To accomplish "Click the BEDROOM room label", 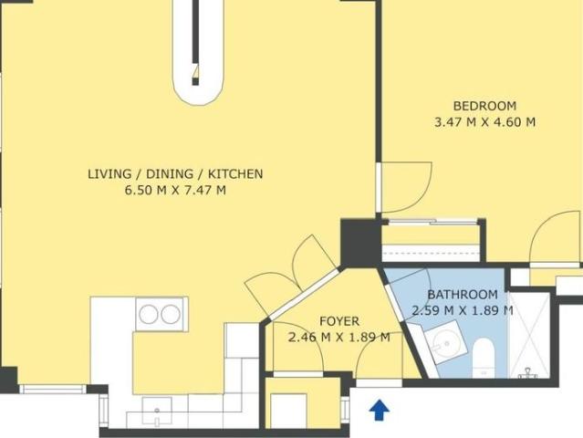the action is point(484,106).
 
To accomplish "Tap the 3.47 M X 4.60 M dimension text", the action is point(484,122).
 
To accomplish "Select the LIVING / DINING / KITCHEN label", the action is point(175,173).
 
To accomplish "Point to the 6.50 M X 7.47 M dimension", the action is point(175,190).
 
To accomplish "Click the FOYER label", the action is point(339,321).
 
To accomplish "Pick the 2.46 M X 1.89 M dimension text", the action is point(339,338).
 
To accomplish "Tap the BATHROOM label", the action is point(463,295).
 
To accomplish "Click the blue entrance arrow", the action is point(380,410).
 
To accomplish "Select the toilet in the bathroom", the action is point(484,358).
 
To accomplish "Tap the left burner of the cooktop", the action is point(149,315).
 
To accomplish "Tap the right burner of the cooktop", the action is point(171,315).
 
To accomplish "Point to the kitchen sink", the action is point(157,412).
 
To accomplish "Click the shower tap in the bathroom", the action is point(527,373).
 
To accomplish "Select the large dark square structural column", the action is point(360,243).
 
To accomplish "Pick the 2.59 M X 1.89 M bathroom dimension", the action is point(463,310).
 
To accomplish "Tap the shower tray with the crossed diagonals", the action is point(529,336).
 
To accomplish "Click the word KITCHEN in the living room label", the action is point(235,173).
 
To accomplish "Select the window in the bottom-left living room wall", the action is point(53,390).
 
